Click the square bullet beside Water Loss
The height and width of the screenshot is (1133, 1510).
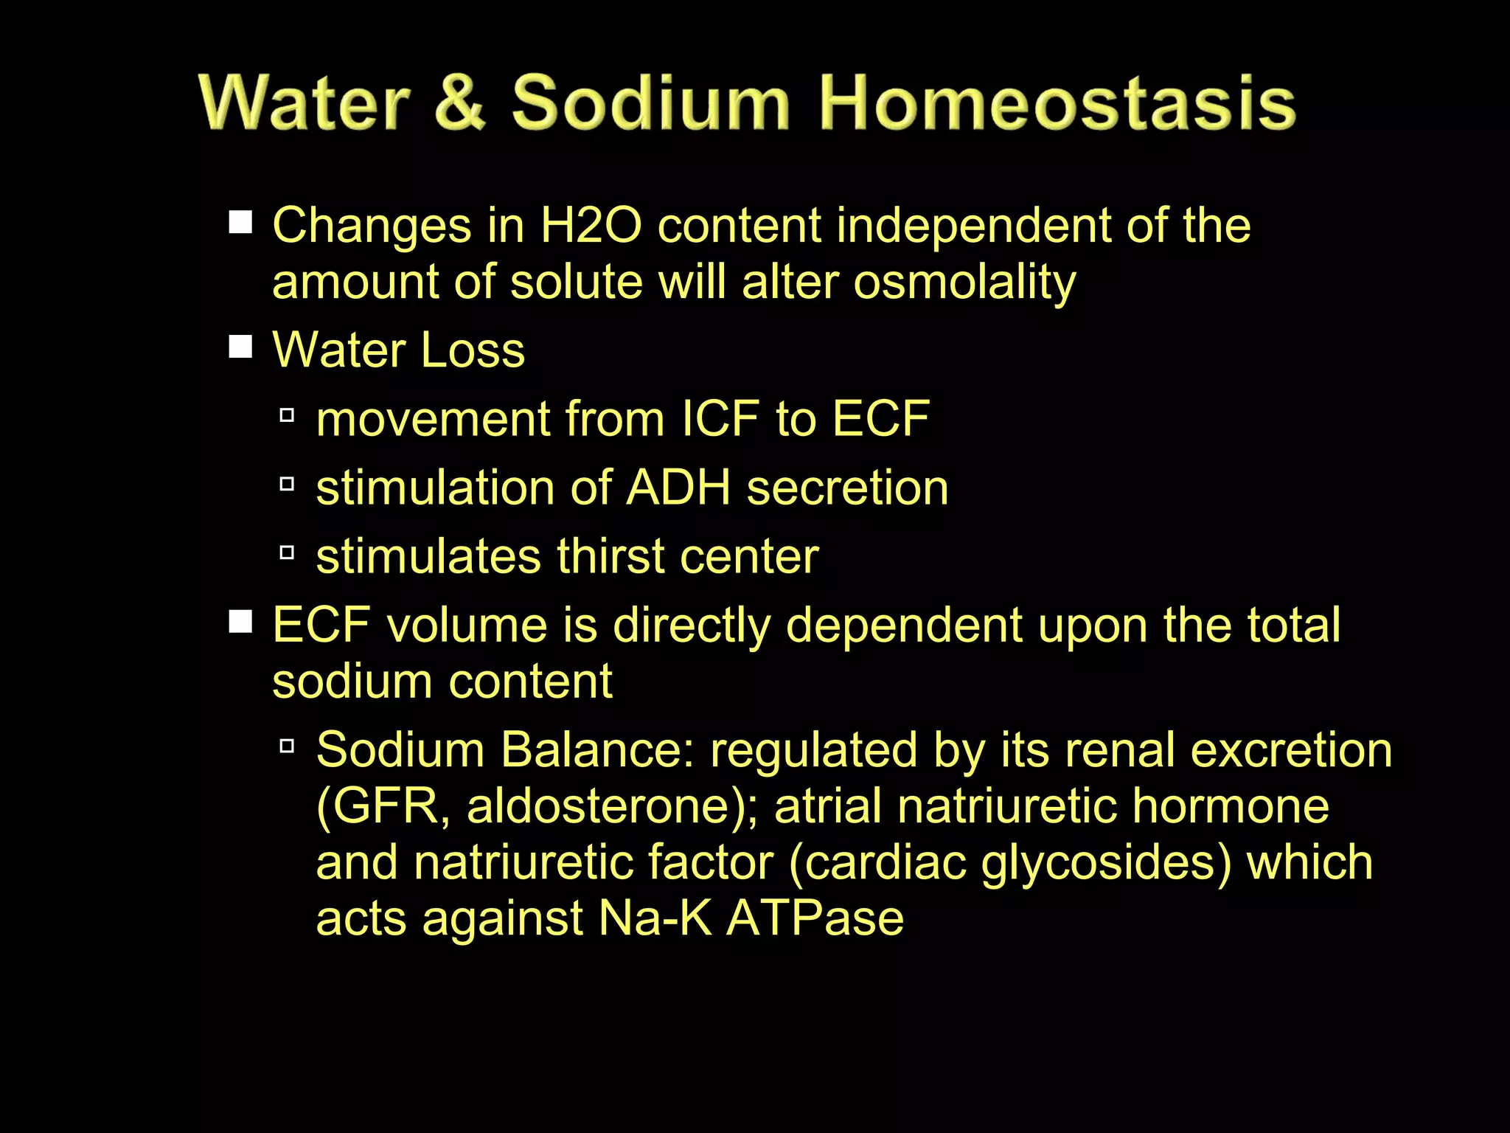click(x=240, y=346)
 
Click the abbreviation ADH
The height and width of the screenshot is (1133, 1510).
click(x=678, y=488)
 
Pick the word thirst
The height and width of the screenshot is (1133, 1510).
click(x=611, y=556)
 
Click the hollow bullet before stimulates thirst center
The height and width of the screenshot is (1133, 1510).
click(x=288, y=552)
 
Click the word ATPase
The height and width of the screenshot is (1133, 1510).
click(x=815, y=919)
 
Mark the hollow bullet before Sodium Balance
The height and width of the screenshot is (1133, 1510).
click(x=288, y=746)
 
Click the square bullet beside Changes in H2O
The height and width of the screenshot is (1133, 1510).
click(x=240, y=222)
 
